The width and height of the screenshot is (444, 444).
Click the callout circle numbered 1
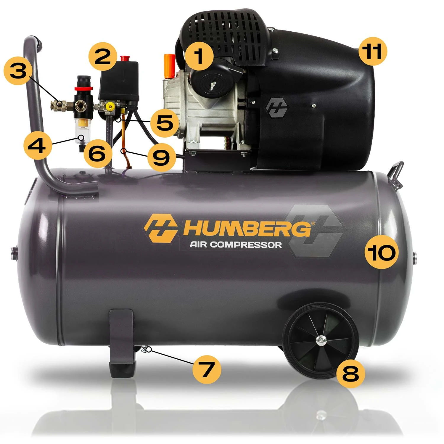click(x=199, y=56)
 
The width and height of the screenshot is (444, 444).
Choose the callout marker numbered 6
click(x=97, y=154)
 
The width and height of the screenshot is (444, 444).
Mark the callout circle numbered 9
click(x=161, y=157)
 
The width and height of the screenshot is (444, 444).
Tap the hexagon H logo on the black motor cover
click(x=277, y=107)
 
